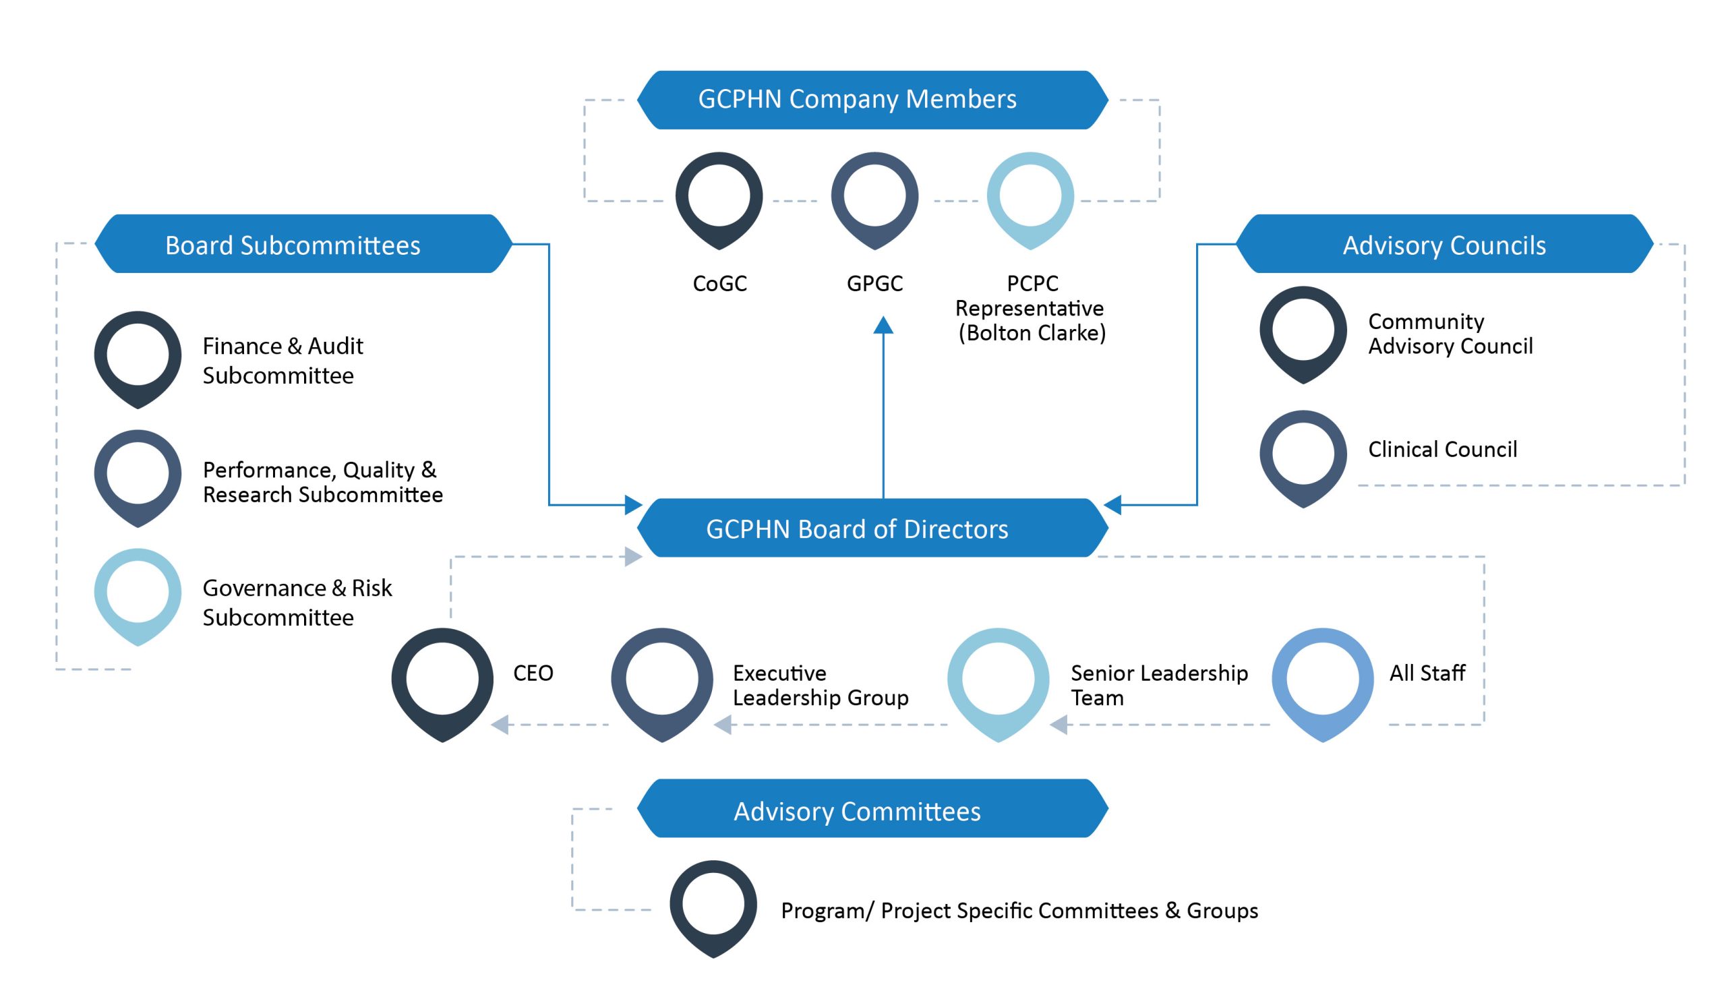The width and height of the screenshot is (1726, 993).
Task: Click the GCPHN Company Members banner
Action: tap(872, 100)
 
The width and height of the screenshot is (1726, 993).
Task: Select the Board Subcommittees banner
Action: tap(303, 244)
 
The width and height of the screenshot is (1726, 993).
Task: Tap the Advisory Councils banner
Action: tap(1444, 244)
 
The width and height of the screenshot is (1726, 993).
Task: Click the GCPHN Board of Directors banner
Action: tap(872, 529)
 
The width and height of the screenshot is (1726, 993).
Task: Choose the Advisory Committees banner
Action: tap(872, 810)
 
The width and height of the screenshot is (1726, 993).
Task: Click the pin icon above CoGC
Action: tap(719, 198)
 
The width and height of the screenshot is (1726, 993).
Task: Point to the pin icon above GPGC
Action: tap(874, 198)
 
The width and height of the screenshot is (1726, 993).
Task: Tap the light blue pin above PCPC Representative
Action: tap(1030, 198)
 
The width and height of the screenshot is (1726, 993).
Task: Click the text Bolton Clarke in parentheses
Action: tap(1031, 333)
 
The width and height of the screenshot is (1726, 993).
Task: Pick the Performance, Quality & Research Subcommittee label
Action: tap(322, 481)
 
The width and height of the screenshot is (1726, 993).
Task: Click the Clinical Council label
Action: tap(1441, 449)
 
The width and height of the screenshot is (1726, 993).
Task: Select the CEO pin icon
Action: tap(442, 682)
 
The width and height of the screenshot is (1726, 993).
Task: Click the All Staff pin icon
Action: tap(1321, 682)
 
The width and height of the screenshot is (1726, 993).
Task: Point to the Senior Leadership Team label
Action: tap(1158, 685)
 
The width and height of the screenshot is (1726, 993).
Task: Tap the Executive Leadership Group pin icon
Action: tap(661, 682)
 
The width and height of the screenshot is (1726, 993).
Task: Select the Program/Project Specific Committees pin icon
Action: tap(713, 907)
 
